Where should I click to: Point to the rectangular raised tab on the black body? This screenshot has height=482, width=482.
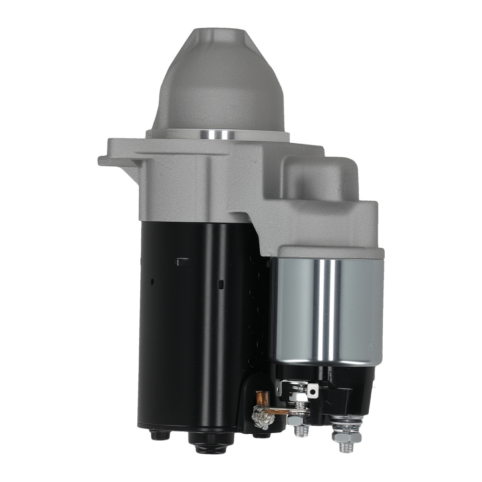(183, 261)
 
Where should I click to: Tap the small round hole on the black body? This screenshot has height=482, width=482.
(152, 281)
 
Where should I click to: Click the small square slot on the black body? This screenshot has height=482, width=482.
(221, 284)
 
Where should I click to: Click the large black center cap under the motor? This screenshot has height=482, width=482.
(203, 441)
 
